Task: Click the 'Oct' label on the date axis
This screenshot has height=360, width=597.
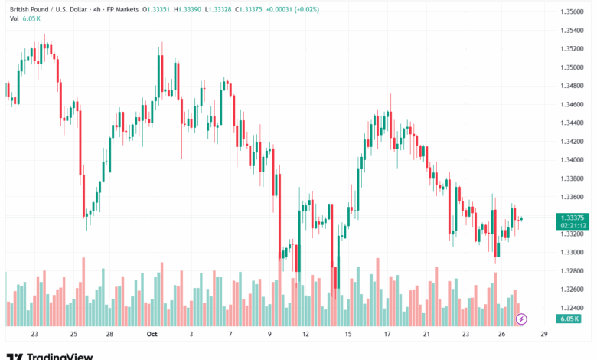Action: [x=152, y=335]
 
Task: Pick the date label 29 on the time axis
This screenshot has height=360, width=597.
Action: [x=543, y=335]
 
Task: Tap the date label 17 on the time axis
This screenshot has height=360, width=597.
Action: [x=388, y=335]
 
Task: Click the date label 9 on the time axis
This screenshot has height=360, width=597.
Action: [x=269, y=335]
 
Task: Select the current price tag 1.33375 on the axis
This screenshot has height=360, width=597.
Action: [x=573, y=217]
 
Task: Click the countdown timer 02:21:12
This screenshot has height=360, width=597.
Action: [x=573, y=225]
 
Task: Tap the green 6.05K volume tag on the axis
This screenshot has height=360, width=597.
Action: [x=569, y=319]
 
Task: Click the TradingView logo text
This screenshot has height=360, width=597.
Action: [x=60, y=356]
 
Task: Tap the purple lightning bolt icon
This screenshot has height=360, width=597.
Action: [x=521, y=319]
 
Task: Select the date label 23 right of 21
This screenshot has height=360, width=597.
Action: [x=465, y=335]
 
